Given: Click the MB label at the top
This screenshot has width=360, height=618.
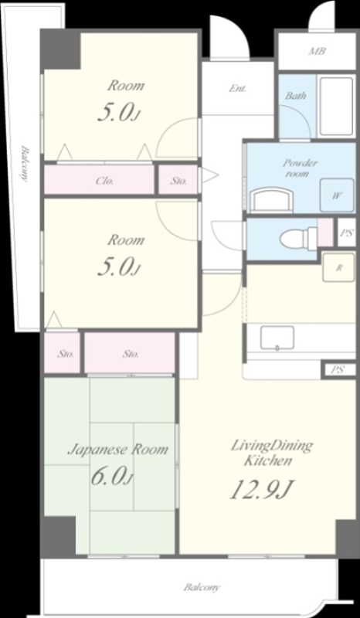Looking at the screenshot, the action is pos(317,51).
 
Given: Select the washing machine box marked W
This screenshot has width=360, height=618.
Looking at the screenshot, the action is pos(337,195).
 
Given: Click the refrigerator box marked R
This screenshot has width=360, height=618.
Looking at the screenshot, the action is pos(338,268).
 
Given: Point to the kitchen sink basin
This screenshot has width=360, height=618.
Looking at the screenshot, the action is pos(277,338).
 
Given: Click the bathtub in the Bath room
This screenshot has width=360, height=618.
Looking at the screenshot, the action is pos(336,107).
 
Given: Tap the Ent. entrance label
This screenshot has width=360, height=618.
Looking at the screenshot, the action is pos(238,89).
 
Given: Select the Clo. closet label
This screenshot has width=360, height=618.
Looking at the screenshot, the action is pos(104,181).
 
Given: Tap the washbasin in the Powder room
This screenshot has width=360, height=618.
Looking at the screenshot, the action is pos(273,200).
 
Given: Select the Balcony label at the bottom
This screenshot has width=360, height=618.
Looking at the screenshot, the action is pos(202,587).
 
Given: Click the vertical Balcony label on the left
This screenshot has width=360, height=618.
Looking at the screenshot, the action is pos(25,164).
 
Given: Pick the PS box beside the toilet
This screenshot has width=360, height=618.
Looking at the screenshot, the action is pos(347,233).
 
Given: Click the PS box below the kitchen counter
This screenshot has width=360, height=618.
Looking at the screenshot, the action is pos(338,371).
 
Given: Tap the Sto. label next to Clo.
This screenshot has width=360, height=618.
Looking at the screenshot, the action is pos(178,181).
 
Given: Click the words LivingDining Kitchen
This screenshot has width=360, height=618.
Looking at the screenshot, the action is pos(272,453).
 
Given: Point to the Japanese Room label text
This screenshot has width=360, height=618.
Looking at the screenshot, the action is pos(118,450).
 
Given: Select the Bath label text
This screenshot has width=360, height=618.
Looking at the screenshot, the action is pos(296,95).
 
